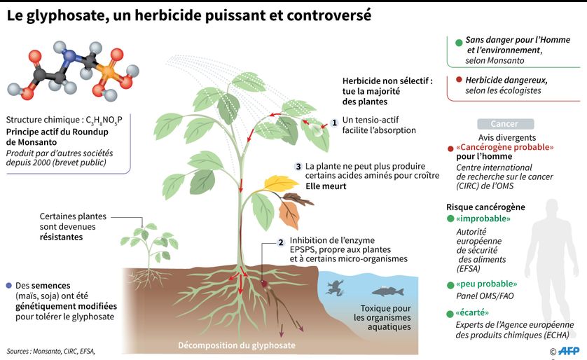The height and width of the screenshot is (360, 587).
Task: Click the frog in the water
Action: coord(335,288)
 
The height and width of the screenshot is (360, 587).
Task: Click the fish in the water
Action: coord(388,291)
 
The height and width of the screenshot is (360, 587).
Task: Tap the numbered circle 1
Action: coord(334,123)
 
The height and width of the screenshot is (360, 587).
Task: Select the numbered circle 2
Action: coord(281,242)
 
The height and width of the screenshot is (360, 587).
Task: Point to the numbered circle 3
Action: coord(298,167)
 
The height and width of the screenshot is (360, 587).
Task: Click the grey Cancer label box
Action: coord(505,124)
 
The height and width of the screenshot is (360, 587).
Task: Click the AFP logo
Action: coord(568,351)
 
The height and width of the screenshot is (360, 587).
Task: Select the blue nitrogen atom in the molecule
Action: coord(70,56)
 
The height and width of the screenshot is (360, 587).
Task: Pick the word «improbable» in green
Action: coord(483,219)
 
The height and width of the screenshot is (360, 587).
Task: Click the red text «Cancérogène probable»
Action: coord(504,147)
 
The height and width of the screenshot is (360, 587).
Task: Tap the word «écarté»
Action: coord(472,312)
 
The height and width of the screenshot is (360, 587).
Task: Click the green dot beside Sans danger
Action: coord(459,43)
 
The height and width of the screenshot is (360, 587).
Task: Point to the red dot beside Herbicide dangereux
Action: coord(459,79)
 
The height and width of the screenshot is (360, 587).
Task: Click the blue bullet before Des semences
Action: coord(9,286)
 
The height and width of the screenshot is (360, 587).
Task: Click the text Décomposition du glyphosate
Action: coord(237,345)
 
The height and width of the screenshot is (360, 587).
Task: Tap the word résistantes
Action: coord(61,237)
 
